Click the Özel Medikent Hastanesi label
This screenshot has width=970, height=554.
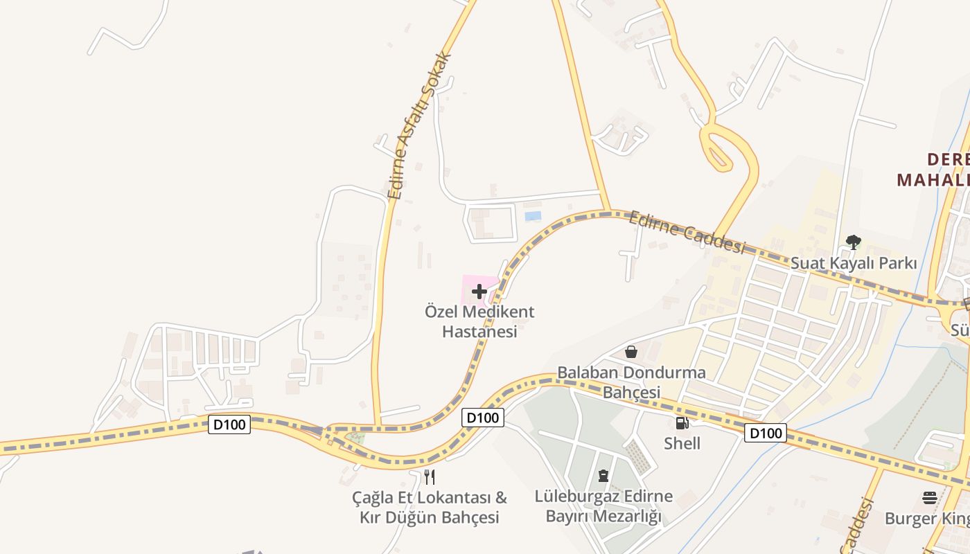click(479, 322)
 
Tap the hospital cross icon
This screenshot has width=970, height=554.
click(479, 292)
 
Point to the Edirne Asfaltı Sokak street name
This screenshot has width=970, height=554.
click(420, 126)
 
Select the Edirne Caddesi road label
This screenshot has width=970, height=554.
click(687, 233)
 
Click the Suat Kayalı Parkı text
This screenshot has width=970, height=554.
click(854, 263)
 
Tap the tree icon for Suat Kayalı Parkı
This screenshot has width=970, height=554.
click(854, 242)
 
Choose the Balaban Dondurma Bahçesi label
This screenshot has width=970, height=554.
click(631, 382)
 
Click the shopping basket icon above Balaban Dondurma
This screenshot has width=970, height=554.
click(631, 352)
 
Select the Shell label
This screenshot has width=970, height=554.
click(682, 443)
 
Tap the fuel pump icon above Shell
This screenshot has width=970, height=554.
click(682, 422)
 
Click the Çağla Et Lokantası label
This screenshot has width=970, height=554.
click(430, 507)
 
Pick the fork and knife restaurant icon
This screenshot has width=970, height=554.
click(430, 476)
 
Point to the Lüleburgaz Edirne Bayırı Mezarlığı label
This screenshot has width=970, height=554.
click(603, 506)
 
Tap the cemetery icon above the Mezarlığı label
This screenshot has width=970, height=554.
click(603, 476)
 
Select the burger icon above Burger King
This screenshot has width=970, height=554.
click(929, 498)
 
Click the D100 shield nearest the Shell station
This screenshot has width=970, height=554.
click(765, 434)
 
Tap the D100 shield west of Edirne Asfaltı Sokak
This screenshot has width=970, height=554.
click(229, 425)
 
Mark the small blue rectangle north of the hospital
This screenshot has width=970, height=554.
click(533, 216)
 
